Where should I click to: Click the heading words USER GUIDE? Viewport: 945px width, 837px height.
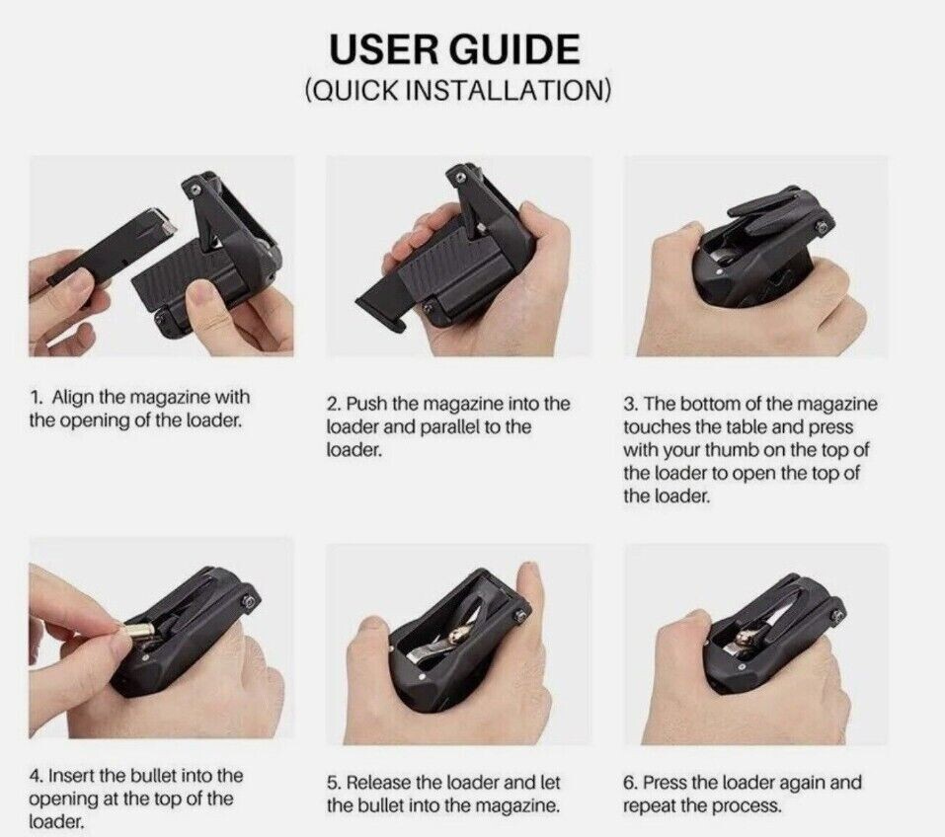[x=455, y=48]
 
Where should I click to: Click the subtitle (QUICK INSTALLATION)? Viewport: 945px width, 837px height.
[x=457, y=91]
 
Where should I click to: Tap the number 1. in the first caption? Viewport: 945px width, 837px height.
[x=36, y=397]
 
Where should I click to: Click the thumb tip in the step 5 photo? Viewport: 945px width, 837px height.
[x=531, y=577]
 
